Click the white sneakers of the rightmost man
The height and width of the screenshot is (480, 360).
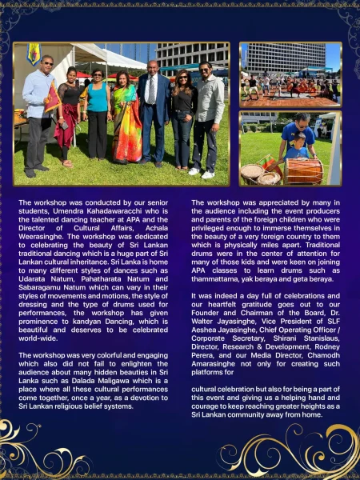pyautogui.click(x=201, y=173)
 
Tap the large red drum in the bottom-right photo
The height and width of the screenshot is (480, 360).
pyautogui.click(x=305, y=170)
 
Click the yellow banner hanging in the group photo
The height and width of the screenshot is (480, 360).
pyautogui.click(x=33, y=54)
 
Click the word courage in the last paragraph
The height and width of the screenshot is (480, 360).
pyautogui.click(x=210, y=406)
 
